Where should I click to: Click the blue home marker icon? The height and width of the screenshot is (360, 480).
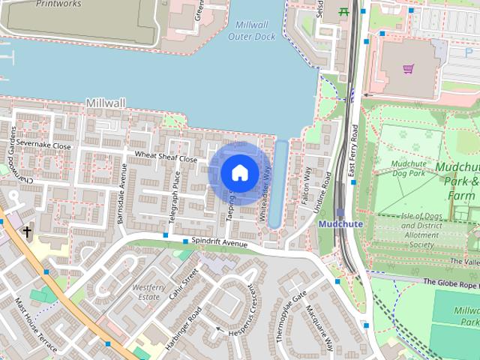click(x=239, y=173)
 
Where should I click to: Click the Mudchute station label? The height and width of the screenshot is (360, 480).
click(x=341, y=223)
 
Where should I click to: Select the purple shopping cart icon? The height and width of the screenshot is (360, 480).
click(x=408, y=69)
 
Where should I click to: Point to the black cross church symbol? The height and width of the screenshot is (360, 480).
click(x=28, y=232)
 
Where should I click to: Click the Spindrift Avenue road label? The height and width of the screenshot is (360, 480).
click(x=220, y=244)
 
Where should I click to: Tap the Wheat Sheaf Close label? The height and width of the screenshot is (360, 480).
click(x=166, y=158)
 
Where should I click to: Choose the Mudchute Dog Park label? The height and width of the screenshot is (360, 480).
click(x=419, y=168)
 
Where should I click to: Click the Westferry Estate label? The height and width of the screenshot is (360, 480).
click(x=147, y=292)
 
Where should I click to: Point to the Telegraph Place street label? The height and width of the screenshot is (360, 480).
click(x=175, y=196)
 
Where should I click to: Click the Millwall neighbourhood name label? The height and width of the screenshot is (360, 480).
click(x=106, y=102)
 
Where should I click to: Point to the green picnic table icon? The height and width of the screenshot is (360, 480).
click(x=345, y=11)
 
